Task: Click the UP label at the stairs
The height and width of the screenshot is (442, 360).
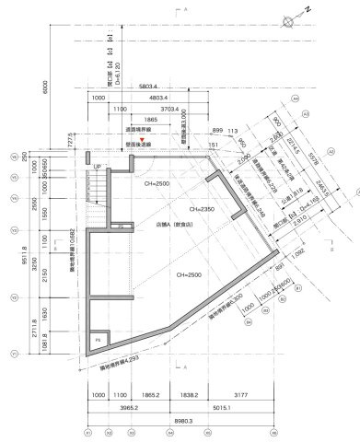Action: [x=98, y=167]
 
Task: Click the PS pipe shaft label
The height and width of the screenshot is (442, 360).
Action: [x=99, y=340]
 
